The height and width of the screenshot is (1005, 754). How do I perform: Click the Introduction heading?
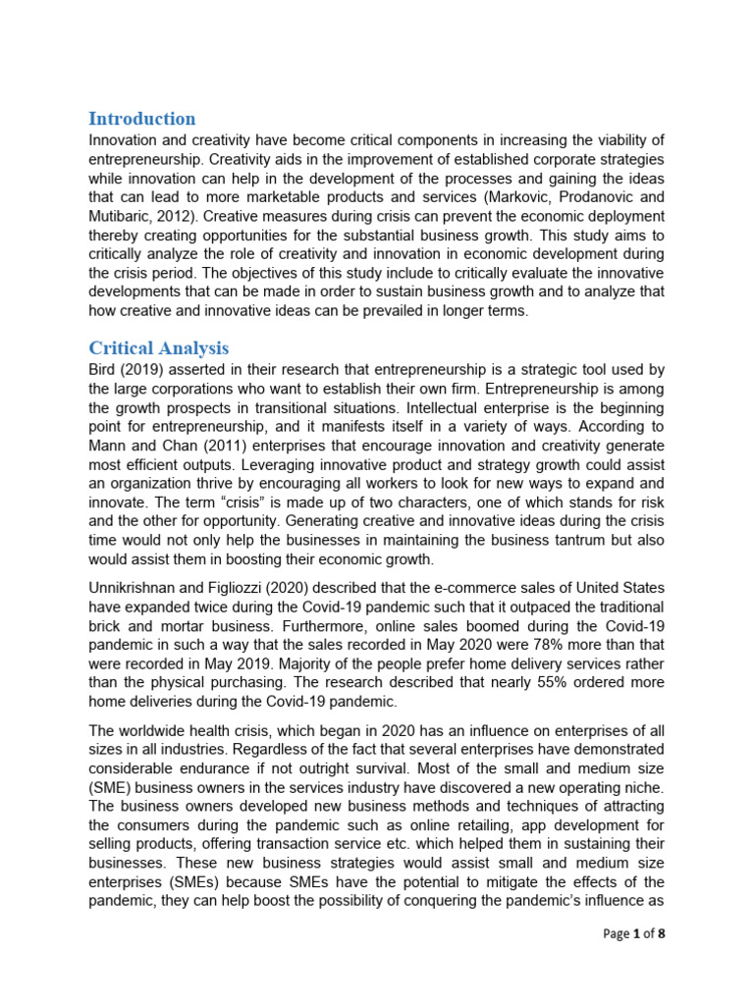pyautogui.click(x=142, y=119)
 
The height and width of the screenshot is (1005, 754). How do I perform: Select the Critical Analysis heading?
pyautogui.click(x=159, y=347)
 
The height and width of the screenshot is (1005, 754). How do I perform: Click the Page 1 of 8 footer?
pyautogui.click(x=633, y=933)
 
